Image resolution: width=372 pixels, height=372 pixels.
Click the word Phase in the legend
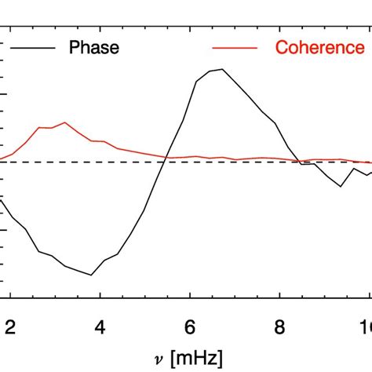(x=94, y=48)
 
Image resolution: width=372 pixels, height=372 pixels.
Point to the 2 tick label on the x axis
(x=10, y=327)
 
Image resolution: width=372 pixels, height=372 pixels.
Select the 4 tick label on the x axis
(x=100, y=327)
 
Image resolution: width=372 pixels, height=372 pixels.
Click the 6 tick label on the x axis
(x=189, y=327)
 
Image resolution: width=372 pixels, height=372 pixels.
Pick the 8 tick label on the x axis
(x=279, y=327)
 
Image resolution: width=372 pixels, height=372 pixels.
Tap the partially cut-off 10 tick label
(x=366, y=327)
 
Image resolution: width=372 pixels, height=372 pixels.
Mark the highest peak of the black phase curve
(x=223, y=69)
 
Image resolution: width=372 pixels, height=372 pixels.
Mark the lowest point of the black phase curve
(x=91, y=275)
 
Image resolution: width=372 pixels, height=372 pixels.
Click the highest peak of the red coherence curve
(x=65, y=122)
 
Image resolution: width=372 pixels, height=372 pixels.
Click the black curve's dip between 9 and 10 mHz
(x=340, y=186)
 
